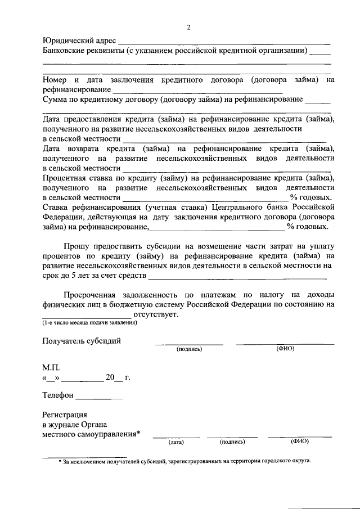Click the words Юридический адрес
click(79, 41)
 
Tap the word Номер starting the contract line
click(54, 80)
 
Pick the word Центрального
click(241, 208)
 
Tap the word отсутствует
click(156, 314)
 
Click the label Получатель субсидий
click(82, 341)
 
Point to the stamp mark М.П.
click(51, 367)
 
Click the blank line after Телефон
click(98, 395)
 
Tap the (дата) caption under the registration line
click(176, 442)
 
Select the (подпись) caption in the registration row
click(232, 442)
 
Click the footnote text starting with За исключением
click(186, 461)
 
